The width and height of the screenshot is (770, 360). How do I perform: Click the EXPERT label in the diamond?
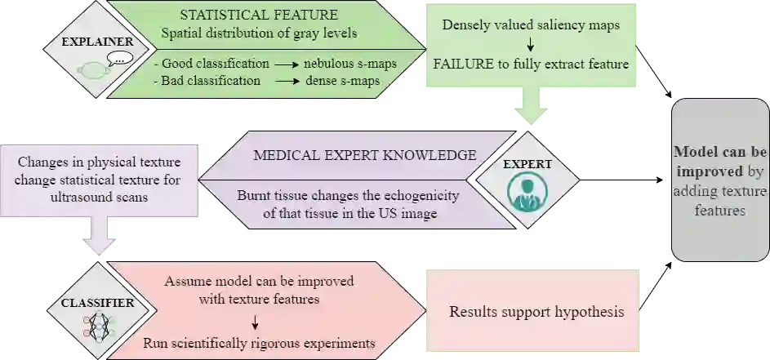[527, 164]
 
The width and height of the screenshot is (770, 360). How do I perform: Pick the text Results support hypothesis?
[536, 312]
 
